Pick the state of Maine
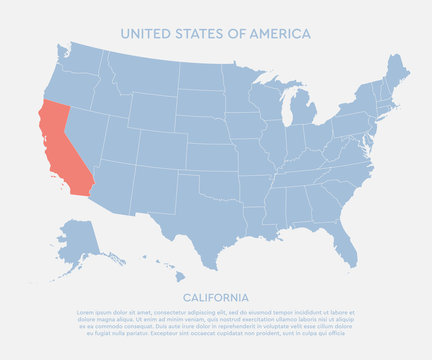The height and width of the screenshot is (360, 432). click(x=399, y=72)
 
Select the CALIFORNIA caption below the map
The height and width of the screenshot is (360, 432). click(x=215, y=297)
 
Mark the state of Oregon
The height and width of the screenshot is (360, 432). click(x=66, y=90)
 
